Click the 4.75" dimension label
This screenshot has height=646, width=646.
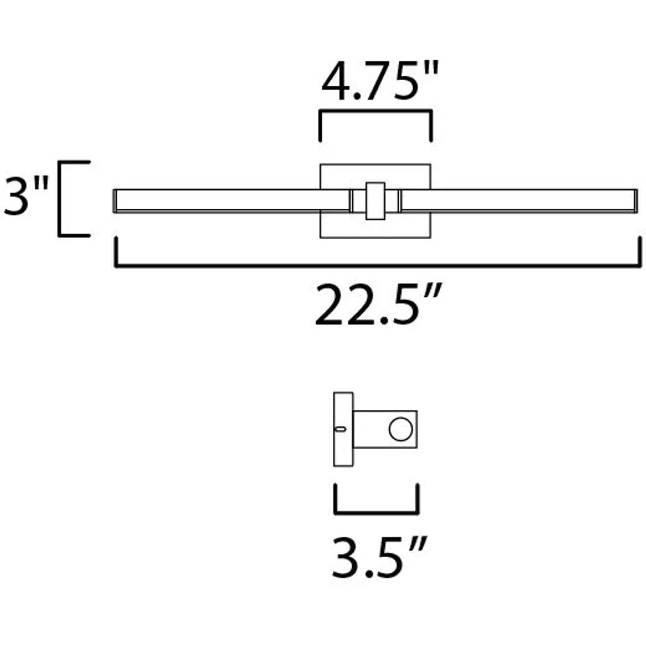coord(380,81)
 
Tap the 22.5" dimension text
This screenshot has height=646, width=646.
coord(379,304)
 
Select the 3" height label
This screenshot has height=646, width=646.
coord(25,195)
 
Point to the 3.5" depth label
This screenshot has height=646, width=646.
coord(379,557)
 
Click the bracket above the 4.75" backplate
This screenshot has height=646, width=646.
coord(376,111)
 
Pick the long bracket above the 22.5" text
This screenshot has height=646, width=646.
coord(378,266)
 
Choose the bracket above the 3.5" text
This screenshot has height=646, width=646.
coord(377,512)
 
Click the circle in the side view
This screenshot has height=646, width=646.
coord(401,429)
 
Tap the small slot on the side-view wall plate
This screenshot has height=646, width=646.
coord(340,429)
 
